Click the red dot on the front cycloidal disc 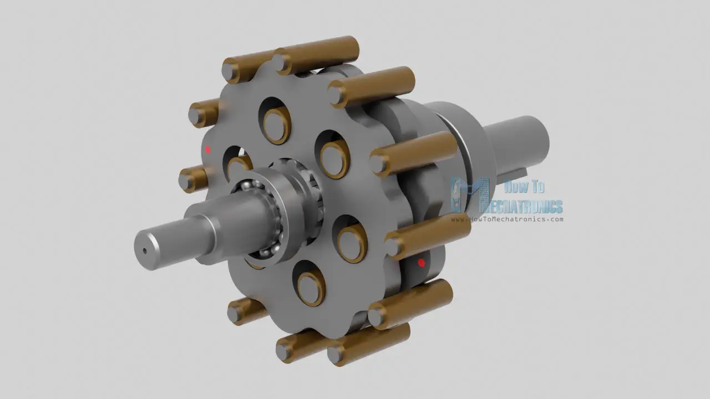click(x=207, y=150)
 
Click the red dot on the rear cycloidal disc click(x=421, y=263)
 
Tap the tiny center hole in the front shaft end click(x=145, y=251)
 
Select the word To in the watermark click(x=539, y=187)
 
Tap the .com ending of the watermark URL click(x=555, y=219)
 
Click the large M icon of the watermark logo click(x=470, y=196)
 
